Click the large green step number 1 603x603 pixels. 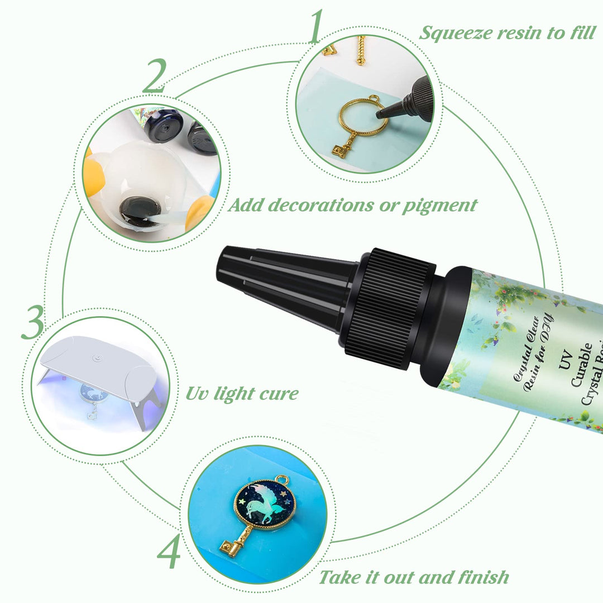315,26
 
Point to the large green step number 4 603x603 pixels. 169,553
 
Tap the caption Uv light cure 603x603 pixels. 242,393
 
